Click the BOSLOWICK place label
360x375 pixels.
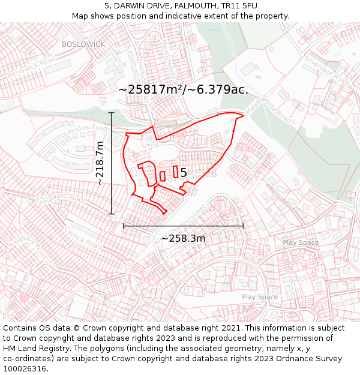point(83,44)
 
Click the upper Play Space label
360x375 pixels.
point(301,242)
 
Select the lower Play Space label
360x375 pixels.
point(260,297)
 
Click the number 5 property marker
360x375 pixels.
point(184,173)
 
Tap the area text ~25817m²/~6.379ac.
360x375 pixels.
point(183,89)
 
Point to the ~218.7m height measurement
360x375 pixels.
point(100,163)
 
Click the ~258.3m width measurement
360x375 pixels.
point(183,238)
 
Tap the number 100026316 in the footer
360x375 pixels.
point(25,369)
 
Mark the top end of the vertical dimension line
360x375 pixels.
point(112,112)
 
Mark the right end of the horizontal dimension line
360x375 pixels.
point(243,226)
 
